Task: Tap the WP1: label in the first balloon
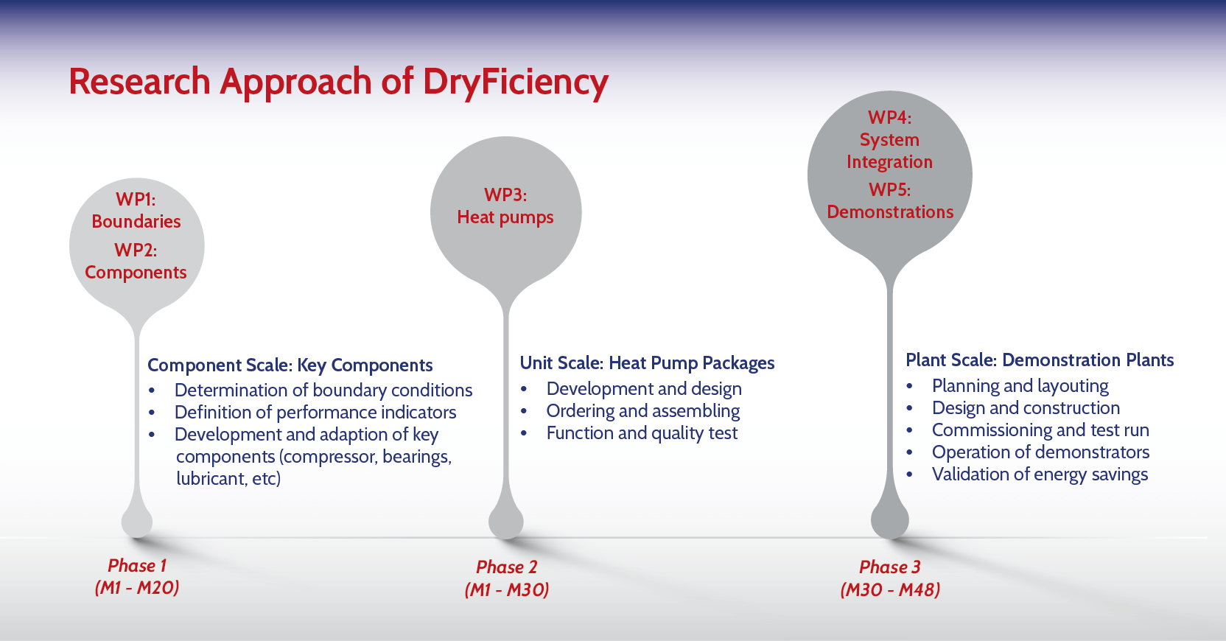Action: (136, 199)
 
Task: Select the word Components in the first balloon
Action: (136, 273)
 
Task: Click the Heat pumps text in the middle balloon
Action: (505, 217)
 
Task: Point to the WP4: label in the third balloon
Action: (890, 117)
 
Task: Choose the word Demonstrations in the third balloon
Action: (890, 212)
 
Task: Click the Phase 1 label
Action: (137, 565)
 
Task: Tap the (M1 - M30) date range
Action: (507, 589)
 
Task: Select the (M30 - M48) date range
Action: (891, 589)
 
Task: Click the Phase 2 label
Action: (507, 567)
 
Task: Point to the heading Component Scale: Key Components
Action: (290, 365)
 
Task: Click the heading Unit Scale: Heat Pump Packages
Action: (647, 363)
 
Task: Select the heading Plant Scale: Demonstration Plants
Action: (1040, 360)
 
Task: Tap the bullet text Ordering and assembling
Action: (643, 411)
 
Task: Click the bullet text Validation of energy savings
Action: (1040, 474)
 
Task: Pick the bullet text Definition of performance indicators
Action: (315, 412)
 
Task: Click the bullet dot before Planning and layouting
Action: (910, 386)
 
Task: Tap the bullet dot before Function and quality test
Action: (524, 433)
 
